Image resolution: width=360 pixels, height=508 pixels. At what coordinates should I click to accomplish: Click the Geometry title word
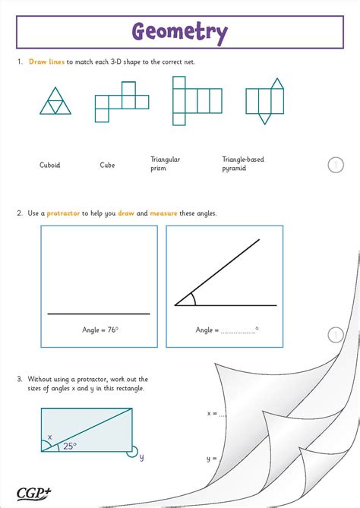[180, 33]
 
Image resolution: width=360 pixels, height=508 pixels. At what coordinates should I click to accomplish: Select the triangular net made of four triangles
[55, 100]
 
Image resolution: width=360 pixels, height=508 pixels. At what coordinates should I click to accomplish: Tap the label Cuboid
[50, 165]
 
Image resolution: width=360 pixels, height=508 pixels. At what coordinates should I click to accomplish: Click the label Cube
[107, 165]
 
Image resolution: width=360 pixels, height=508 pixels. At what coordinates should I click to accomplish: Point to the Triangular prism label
[165, 163]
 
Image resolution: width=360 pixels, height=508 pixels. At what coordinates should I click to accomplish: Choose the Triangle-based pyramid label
[243, 163]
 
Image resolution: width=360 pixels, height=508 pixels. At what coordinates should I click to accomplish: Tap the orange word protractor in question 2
[63, 213]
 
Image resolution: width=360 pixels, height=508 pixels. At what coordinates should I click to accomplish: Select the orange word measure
[163, 213]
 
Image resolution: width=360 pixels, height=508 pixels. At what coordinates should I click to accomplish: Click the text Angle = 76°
[100, 330]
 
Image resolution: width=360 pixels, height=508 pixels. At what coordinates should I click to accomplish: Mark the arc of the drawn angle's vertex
[193, 299]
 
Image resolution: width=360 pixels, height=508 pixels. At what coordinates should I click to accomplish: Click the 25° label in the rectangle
[69, 446]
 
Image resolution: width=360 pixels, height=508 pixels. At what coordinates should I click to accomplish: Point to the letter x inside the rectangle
[50, 437]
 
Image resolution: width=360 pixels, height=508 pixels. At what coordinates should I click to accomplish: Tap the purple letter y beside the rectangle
[141, 457]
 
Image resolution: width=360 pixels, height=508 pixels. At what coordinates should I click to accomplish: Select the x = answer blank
[222, 414]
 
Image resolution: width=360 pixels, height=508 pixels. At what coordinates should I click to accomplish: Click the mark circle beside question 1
[336, 165]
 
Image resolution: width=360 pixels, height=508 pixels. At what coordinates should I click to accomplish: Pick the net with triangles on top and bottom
[264, 100]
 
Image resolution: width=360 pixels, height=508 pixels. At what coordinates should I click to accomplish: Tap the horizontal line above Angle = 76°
[99, 314]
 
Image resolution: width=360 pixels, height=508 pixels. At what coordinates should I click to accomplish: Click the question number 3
[19, 378]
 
